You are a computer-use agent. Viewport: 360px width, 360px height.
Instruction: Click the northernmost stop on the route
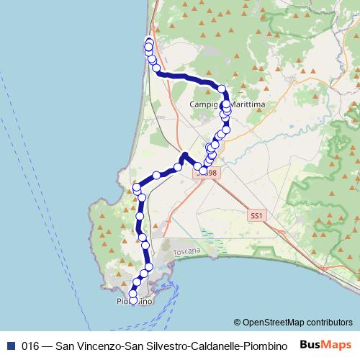[x=150, y=40]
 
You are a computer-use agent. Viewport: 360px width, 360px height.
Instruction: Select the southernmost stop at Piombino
[x=133, y=300]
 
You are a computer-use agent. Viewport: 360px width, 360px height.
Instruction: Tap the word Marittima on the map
[x=243, y=105]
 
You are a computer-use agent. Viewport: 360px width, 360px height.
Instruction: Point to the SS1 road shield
[x=256, y=215]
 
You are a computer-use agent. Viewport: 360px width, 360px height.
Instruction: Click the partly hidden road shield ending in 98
[x=208, y=173]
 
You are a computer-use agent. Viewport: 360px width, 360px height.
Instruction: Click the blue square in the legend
[x=9, y=344]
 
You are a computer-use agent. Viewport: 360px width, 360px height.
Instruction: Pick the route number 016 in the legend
[x=30, y=344]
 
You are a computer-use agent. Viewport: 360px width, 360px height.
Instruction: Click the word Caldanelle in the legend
[x=201, y=344]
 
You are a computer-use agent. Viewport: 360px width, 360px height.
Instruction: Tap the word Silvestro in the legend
[x=148, y=344]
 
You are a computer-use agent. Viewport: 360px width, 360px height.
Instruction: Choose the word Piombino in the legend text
[x=256, y=344]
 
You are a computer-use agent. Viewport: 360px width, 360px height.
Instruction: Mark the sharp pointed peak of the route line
[x=184, y=154]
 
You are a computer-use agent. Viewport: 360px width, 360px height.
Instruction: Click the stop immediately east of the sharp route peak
[x=197, y=166]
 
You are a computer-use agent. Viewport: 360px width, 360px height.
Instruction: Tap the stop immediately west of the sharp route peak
[x=177, y=167]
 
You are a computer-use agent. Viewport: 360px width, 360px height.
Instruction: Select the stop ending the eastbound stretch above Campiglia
[x=222, y=90]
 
